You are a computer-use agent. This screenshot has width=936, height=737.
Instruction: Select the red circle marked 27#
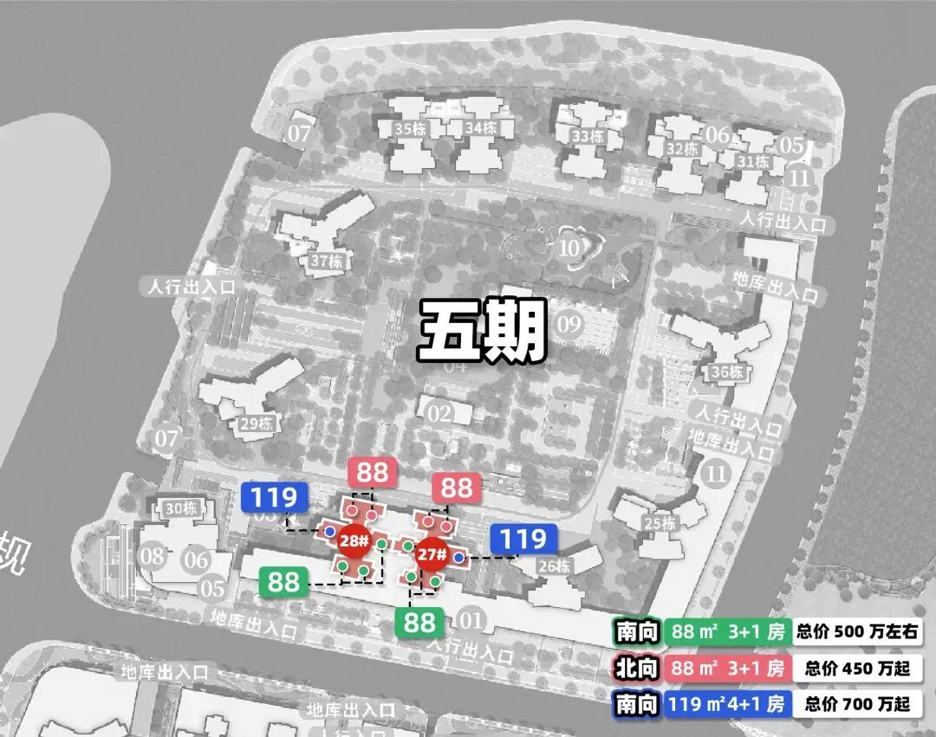[432, 554]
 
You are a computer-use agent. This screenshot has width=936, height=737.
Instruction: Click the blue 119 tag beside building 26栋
[523, 540]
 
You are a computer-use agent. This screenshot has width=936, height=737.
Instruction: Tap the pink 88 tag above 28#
[373, 473]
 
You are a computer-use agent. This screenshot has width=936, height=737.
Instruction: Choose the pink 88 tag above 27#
[457, 488]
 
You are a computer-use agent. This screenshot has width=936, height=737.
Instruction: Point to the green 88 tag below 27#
[419, 622]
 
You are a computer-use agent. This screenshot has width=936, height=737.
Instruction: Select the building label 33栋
[588, 136]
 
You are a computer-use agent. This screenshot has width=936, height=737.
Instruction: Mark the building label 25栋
[660, 523]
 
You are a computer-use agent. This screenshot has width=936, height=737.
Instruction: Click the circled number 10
[569, 247]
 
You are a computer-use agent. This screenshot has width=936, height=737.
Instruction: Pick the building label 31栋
[754, 161]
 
